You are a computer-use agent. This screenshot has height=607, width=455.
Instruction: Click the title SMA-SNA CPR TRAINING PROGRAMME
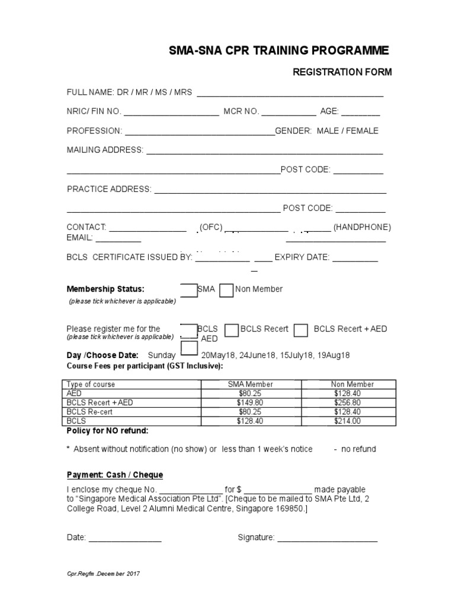(x=280, y=50)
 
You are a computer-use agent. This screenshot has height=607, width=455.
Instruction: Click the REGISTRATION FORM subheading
(x=342, y=72)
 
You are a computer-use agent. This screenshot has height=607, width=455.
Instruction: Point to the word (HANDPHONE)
(x=362, y=227)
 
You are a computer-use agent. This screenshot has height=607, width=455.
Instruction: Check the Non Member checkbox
(x=226, y=290)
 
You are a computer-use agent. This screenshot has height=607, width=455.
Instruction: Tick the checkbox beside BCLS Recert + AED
(x=301, y=330)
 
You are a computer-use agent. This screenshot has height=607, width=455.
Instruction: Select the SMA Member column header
(x=251, y=384)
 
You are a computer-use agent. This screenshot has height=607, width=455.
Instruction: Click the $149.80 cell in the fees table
(x=251, y=402)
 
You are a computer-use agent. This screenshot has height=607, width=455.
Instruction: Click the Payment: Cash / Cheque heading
(x=115, y=475)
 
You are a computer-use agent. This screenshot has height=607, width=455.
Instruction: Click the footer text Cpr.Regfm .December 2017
(x=103, y=574)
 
